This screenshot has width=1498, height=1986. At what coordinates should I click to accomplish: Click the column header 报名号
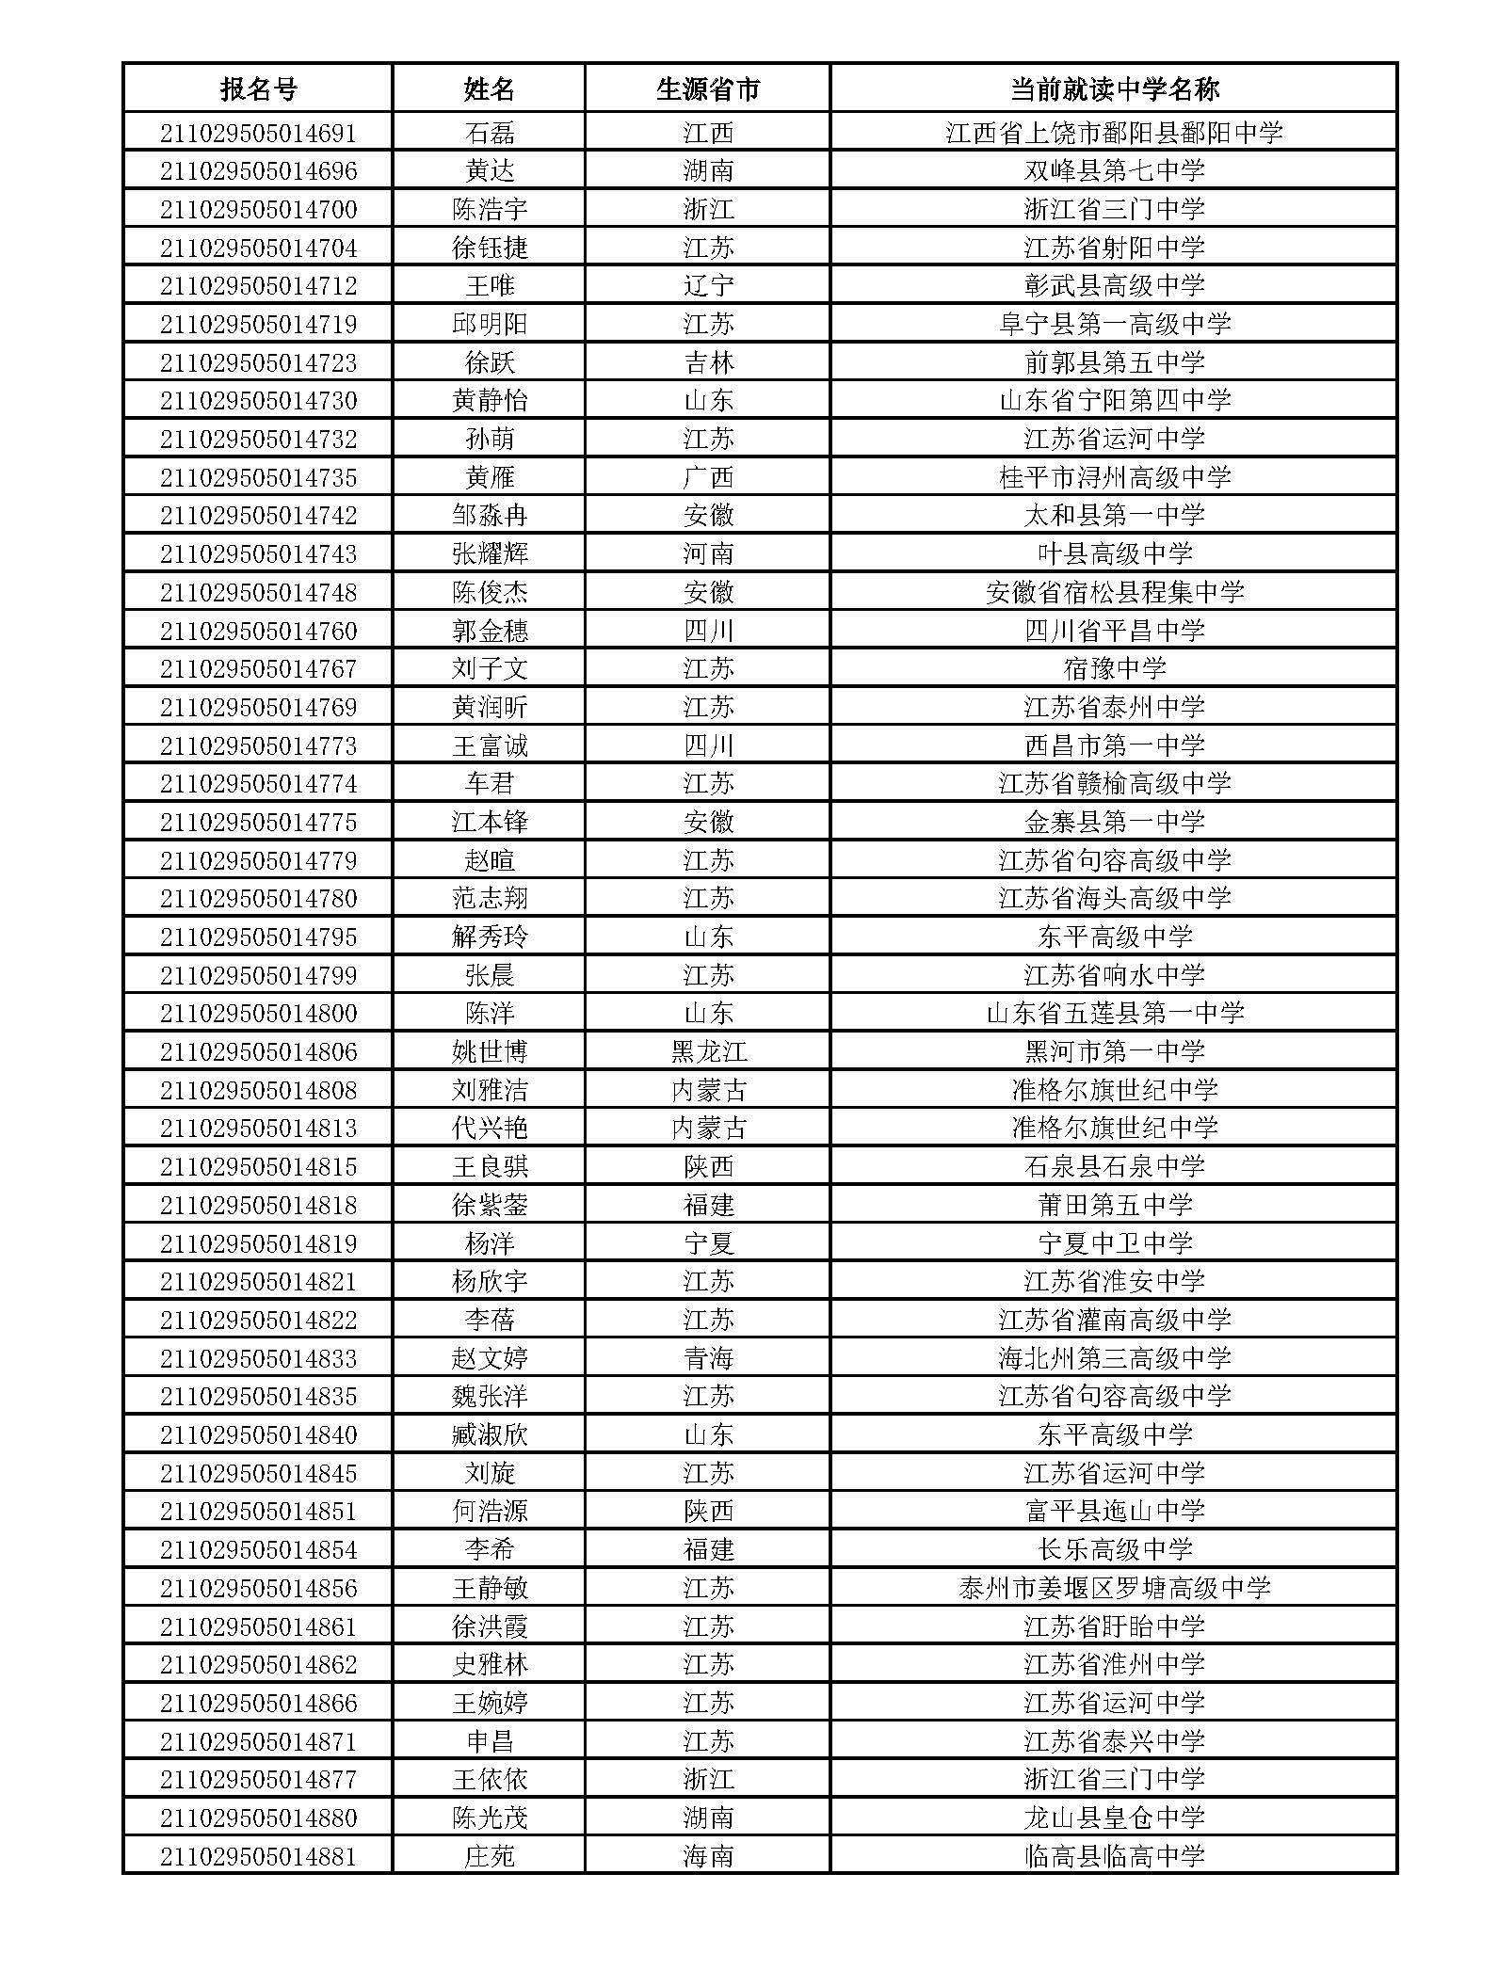tap(258, 89)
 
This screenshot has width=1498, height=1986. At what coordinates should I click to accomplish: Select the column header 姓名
tap(489, 89)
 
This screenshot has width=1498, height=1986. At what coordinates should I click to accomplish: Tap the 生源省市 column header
tap(707, 89)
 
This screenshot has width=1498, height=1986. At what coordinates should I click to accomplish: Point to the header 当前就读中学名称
tap(1114, 89)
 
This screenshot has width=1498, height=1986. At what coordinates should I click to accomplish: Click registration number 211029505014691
tap(258, 133)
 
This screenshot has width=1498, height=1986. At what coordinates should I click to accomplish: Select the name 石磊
tap(490, 133)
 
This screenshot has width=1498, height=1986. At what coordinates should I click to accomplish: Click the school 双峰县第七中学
tap(1114, 171)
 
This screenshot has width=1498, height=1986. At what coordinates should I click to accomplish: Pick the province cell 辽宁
tap(708, 286)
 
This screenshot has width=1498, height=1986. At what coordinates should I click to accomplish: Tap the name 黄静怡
tap(490, 401)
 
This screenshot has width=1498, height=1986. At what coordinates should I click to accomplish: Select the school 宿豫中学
tap(1114, 669)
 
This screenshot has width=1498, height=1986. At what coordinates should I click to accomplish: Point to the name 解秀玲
tap(490, 937)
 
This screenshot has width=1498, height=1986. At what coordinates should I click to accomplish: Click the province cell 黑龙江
tap(708, 1052)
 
